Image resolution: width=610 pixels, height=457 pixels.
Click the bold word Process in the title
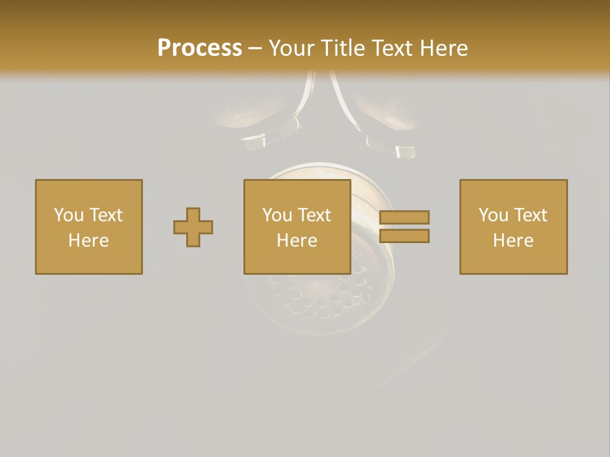tap(200, 48)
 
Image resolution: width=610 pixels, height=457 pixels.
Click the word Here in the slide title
tap(445, 48)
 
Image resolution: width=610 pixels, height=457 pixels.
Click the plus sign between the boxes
tap(193, 227)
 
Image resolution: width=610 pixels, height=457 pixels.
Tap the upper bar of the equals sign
tap(404, 217)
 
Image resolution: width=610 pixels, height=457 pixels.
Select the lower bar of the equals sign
tap(404, 235)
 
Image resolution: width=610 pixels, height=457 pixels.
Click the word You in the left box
tap(69, 215)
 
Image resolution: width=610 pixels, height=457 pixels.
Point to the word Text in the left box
tap(105, 215)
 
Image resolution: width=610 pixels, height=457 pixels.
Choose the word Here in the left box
tap(88, 241)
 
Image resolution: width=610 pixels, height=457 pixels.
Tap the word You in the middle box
tap(277, 215)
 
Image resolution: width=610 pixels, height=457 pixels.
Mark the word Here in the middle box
tap(297, 241)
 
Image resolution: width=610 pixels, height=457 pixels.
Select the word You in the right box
tap(493, 215)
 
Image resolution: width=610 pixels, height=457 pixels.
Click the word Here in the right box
tap(513, 241)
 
